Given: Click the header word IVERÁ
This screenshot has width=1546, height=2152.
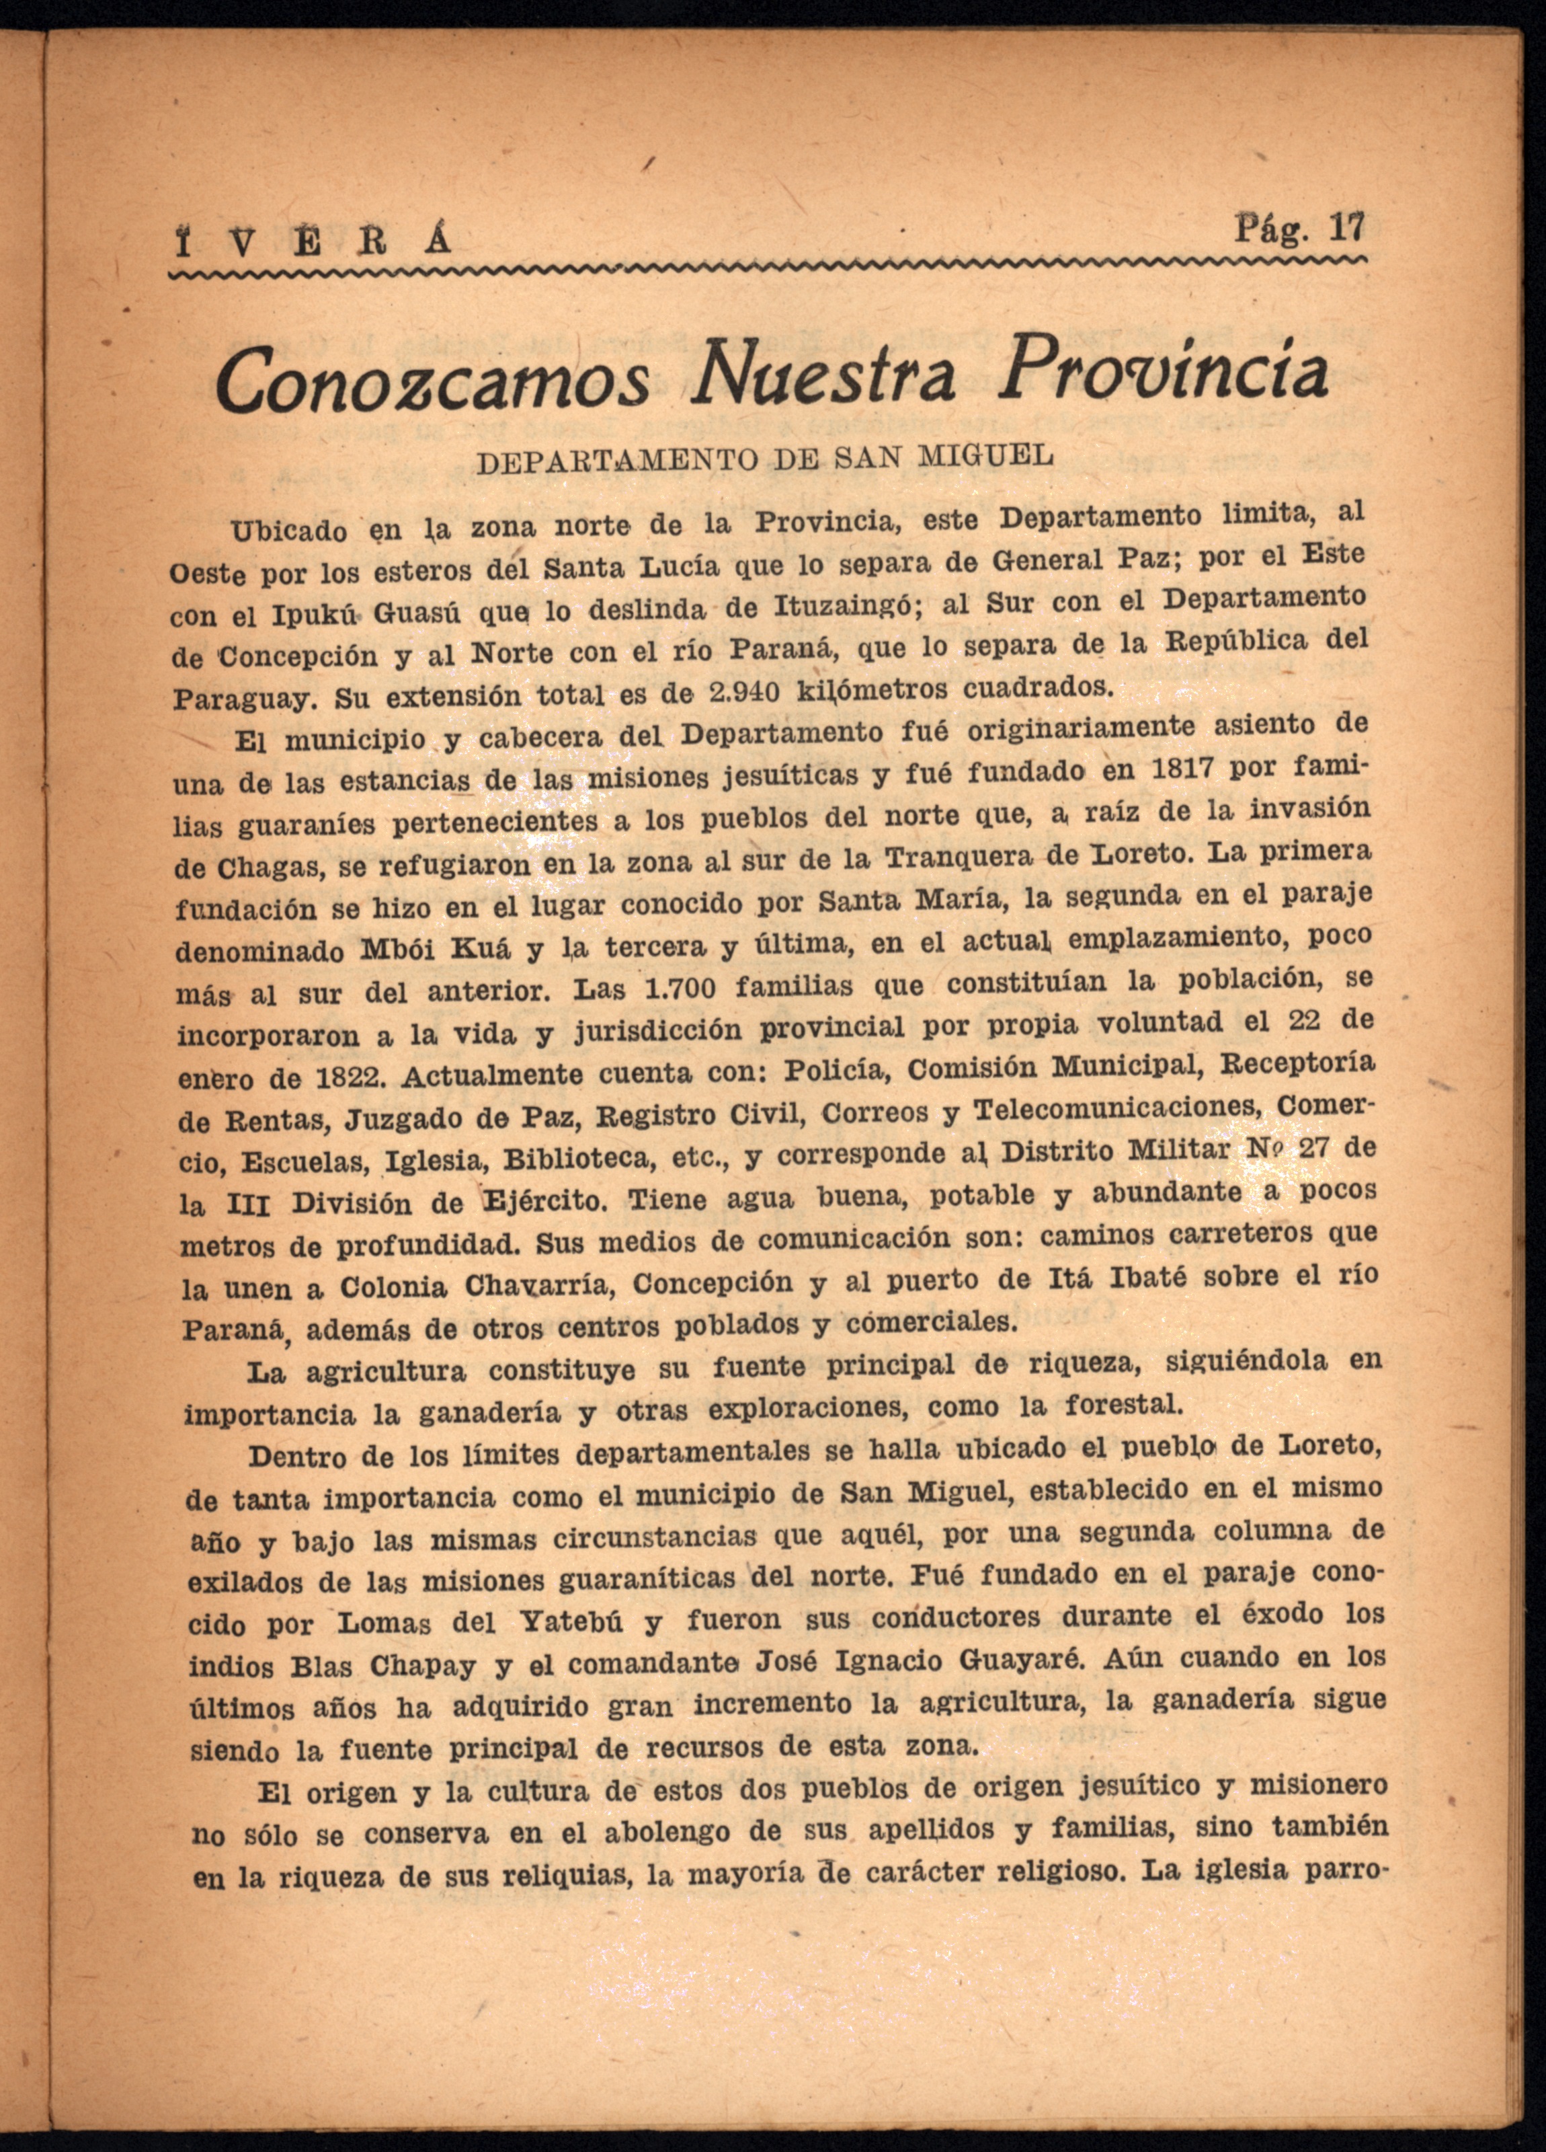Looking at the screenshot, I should [x=313, y=244].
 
